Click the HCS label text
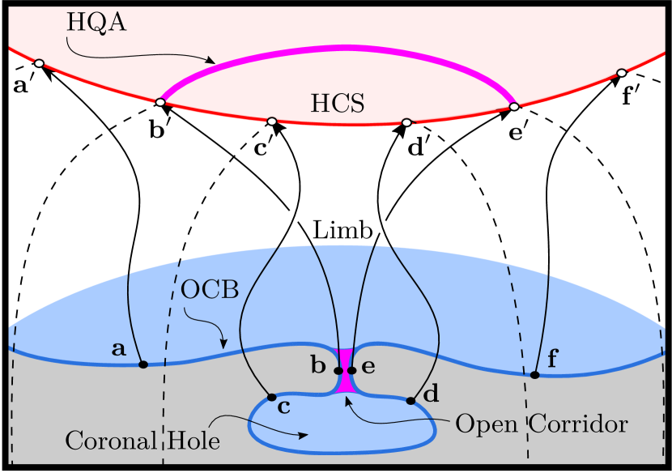[337, 104]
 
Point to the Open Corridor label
[542, 424]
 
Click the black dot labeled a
[143, 364]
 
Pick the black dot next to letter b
[339, 371]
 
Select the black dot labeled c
[271, 397]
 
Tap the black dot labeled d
[410, 400]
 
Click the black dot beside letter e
[351, 371]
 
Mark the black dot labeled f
[534, 375]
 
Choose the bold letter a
[119, 350]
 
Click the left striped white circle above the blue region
[293, 216]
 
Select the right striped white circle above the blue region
[382, 227]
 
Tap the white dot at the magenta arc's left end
[160, 102]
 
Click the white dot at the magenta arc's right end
[513, 106]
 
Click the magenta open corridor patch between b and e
[346, 369]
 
